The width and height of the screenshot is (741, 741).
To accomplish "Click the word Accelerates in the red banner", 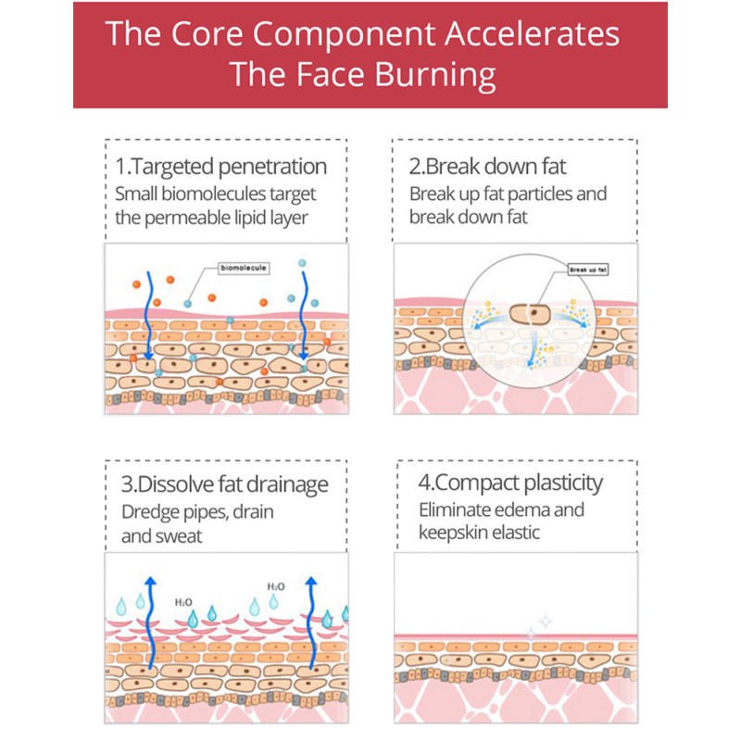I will tap(534, 34).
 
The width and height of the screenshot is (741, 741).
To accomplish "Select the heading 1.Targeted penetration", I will tap(221, 167).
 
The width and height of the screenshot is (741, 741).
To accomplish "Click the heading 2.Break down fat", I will tap(487, 167).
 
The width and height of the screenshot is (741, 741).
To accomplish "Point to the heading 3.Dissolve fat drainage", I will tap(225, 484).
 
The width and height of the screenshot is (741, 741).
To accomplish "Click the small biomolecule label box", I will tap(244, 268).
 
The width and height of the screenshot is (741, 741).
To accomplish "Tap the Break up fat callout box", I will tap(588, 270).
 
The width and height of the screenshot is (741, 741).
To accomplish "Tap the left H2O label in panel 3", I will tap(183, 602).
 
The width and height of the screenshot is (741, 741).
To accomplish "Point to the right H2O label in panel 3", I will tap(276, 586).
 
